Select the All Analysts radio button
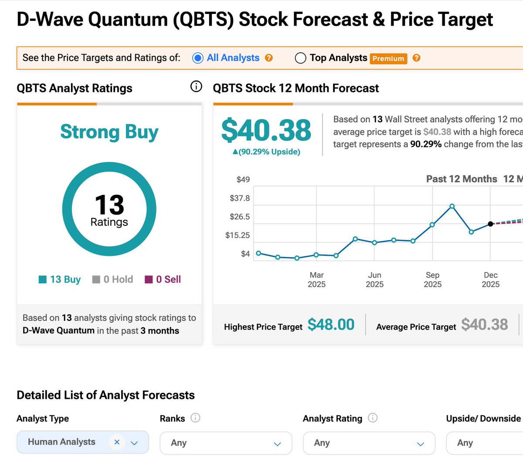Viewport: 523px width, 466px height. (x=198, y=58)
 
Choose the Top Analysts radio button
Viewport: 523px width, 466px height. (x=300, y=58)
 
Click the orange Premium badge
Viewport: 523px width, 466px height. (x=388, y=58)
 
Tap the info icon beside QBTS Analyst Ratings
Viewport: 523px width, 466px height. (x=196, y=87)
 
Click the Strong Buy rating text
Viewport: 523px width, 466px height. (x=109, y=132)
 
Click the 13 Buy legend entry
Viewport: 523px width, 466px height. (x=60, y=279)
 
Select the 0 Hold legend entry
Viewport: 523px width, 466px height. (x=113, y=279)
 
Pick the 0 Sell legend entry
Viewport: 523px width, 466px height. (x=163, y=279)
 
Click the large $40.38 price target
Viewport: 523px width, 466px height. (x=266, y=130)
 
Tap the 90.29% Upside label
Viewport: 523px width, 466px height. (x=266, y=152)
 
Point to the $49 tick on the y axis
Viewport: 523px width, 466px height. (x=243, y=180)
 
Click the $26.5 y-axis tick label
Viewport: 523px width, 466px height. (x=240, y=217)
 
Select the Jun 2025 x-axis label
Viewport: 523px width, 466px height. (x=374, y=279)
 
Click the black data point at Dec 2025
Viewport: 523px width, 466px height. (x=490, y=224)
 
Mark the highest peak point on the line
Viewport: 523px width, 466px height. (x=452, y=206)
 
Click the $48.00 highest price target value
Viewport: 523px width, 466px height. (x=331, y=325)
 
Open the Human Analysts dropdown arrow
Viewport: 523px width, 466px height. (x=134, y=442)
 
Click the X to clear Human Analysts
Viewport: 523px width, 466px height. (x=117, y=442)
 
